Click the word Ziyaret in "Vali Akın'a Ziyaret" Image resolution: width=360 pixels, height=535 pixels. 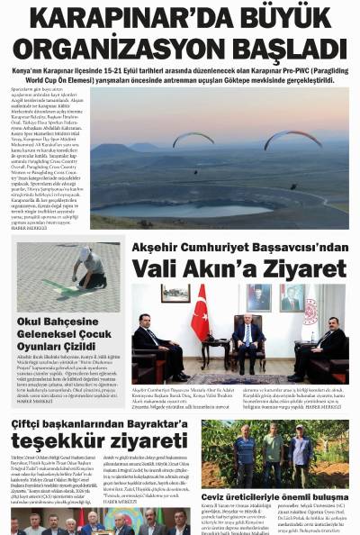(x=298, y=268)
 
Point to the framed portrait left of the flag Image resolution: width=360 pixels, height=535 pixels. (x=175, y=295)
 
